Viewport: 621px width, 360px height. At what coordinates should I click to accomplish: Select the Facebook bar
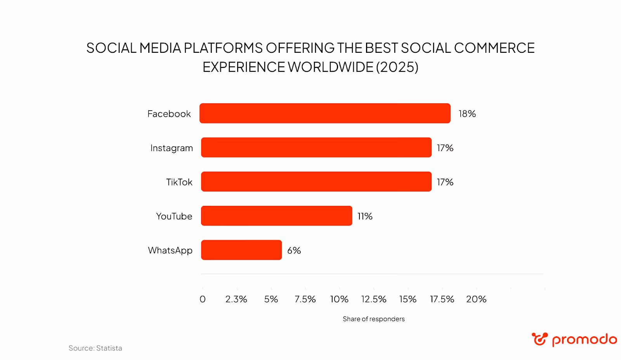pos(325,113)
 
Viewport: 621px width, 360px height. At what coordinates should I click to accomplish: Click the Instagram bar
pos(316,148)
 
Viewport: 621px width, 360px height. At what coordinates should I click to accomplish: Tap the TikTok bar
pos(316,182)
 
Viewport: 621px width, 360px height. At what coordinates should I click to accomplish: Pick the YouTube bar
pos(276,216)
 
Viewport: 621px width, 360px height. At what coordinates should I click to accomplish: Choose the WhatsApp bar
pos(241,250)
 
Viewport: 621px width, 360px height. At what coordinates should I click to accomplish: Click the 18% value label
pos(467,114)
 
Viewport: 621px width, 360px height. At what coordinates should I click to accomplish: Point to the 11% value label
pos(365,216)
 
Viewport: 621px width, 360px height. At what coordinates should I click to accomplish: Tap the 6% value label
pos(294,250)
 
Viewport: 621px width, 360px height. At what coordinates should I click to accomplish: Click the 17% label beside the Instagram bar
pos(445,148)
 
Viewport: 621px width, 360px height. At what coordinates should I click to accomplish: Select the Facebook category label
pos(169,114)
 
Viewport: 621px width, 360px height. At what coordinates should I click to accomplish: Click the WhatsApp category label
pos(170,250)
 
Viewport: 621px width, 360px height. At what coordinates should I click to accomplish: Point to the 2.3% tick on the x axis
pos(236,299)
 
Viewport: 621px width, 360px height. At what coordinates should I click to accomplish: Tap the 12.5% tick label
pos(373,299)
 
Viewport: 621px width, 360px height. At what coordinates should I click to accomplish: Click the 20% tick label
pos(476,299)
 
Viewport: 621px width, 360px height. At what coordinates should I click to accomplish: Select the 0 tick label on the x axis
pos(203,299)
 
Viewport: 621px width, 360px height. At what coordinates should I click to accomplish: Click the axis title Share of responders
pos(373,319)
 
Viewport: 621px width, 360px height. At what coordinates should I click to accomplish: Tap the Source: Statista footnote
pos(95,348)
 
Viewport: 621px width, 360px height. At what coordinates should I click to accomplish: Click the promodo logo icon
pos(539,339)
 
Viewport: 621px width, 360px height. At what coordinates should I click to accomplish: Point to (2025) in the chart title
pos(397,67)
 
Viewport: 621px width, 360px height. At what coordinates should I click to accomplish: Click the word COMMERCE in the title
pos(494,48)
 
